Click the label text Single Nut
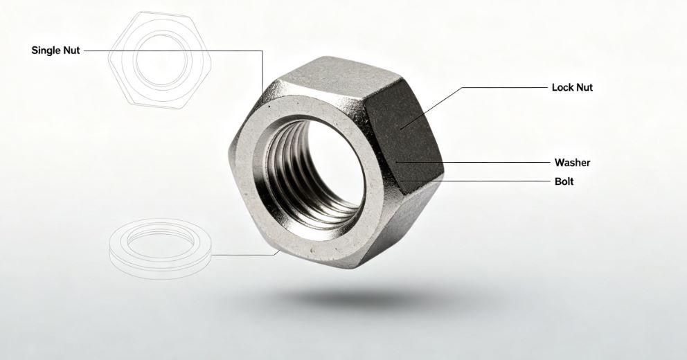coord(55,51)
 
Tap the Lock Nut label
coord(572,88)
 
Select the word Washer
coord(572,163)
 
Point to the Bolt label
coord(564,181)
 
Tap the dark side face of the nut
coord(403,136)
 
